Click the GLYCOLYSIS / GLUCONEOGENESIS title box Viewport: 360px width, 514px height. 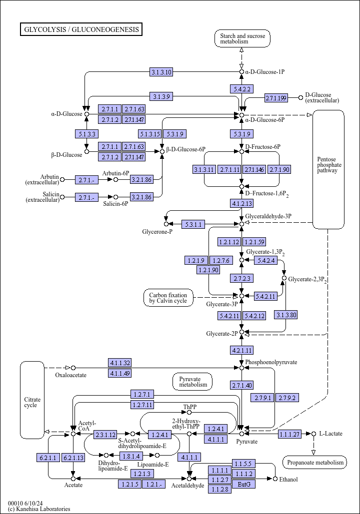click(x=81, y=29)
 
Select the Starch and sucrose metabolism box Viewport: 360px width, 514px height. click(x=242, y=38)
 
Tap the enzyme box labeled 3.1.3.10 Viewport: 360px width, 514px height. click(x=161, y=72)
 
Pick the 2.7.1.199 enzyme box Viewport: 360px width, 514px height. click(x=276, y=98)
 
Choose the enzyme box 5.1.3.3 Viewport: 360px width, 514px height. click(x=86, y=134)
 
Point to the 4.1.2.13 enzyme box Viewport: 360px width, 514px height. click(x=242, y=203)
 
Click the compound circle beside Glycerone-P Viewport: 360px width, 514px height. click(x=166, y=224)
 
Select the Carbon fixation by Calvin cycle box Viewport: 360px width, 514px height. click(x=168, y=298)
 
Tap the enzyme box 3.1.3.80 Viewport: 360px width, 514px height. click(x=286, y=315)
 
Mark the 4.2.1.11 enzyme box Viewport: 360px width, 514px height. click(x=242, y=350)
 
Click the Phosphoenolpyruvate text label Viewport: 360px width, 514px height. click(x=271, y=362)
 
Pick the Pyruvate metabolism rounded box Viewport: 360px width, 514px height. click(x=192, y=382)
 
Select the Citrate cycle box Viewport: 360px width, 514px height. click(x=32, y=400)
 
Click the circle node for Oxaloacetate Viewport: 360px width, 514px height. click(x=73, y=368)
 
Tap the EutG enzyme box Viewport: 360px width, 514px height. click(x=244, y=484)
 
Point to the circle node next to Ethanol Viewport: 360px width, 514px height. click(x=275, y=479)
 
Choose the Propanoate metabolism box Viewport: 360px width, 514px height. click(x=314, y=462)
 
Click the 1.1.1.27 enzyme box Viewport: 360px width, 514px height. click(x=289, y=434)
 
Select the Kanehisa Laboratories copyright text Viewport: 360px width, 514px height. click(x=39, y=509)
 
